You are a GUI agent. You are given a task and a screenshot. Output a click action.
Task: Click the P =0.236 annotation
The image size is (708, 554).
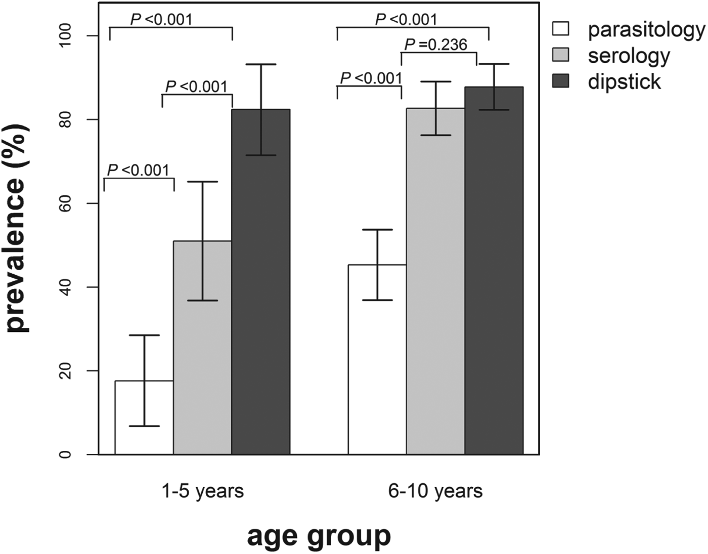pyautogui.click(x=436, y=45)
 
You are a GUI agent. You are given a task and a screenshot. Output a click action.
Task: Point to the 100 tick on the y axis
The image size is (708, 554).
pyautogui.click(x=65, y=36)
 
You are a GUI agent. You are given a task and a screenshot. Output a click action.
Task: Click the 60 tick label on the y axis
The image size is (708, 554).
pyautogui.click(x=65, y=203)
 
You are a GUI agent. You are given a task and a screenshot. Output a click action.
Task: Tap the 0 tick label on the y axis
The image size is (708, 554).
pyautogui.click(x=65, y=454)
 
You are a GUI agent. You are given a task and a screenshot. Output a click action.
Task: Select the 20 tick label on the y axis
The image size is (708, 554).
pyautogui.click(x=65, y=371)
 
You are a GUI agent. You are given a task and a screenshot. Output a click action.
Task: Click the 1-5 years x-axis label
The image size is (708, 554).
pyautogui.click(x=202, y=491)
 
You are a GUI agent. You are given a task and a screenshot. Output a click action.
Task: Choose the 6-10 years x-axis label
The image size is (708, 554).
pyautogui.click(x=435, y=491)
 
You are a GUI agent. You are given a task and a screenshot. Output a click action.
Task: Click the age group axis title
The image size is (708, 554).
pyautogui.click(x=319, y=536)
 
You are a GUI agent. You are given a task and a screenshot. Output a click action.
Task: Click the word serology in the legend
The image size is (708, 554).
pyautogui.click(x=629, y=56)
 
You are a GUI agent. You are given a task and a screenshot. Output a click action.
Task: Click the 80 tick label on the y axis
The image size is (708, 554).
pyautogui.click(x=65, y=120)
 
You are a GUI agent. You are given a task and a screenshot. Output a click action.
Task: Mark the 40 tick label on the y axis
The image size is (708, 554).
pyautogui.click(x=65, y=287)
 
